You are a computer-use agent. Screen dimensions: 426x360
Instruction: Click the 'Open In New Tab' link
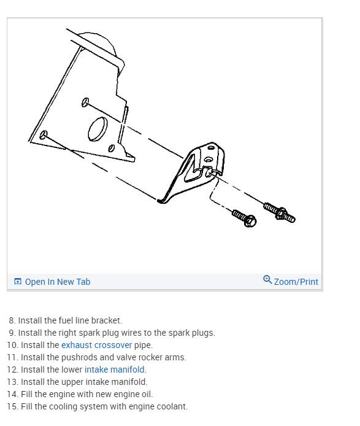coord(57,282)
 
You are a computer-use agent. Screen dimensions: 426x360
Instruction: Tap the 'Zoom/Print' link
coord(296,282)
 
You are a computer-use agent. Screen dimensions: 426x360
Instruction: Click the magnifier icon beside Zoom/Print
coord(267,280)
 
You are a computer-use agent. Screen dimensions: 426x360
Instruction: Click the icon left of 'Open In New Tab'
coord(18,282)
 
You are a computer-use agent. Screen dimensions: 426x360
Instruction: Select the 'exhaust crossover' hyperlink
coord(96,345)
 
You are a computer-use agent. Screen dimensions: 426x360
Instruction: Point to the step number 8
coord(12,320)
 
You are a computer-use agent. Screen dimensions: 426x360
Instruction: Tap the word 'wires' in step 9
coord(113,333)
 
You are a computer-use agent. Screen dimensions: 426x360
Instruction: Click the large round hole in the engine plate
coord(98,130)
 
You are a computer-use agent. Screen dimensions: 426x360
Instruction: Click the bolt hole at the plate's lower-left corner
coord(44,134)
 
